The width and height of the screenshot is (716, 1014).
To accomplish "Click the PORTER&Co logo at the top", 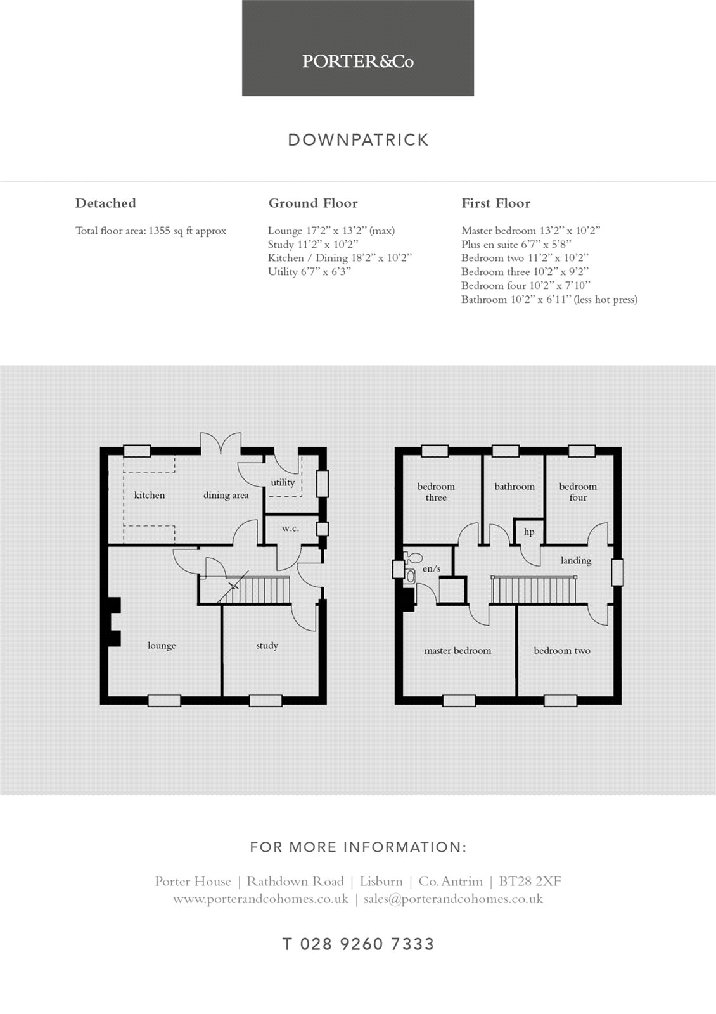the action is click(357, 61).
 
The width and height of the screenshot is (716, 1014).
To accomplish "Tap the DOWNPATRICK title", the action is click(358, 140).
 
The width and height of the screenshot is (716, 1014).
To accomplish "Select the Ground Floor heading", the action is click(313, 203).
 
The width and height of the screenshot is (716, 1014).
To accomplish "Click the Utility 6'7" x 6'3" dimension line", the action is click(310, 272).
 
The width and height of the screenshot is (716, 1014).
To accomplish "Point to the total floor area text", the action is click(151, 231).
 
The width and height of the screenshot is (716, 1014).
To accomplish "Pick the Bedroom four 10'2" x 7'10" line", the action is click(526, 286).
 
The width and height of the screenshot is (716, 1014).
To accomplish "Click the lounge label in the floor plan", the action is click(162, 646).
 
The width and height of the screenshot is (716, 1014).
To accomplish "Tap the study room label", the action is click(267, 646).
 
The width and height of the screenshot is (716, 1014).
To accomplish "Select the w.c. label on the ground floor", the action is click(290, 529).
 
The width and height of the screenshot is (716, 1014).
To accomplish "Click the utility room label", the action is click(283, 482).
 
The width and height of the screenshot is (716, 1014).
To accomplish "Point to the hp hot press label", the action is click(529, 532).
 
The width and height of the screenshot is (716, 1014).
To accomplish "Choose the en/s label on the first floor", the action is click(431, 568).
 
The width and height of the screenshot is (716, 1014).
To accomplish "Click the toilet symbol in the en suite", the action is click(412, 557).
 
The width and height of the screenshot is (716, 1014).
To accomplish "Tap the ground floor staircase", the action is click(253, 589).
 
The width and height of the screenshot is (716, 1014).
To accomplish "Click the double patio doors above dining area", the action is click(221, 444).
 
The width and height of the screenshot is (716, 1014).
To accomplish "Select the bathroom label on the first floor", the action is click(514, 487).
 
